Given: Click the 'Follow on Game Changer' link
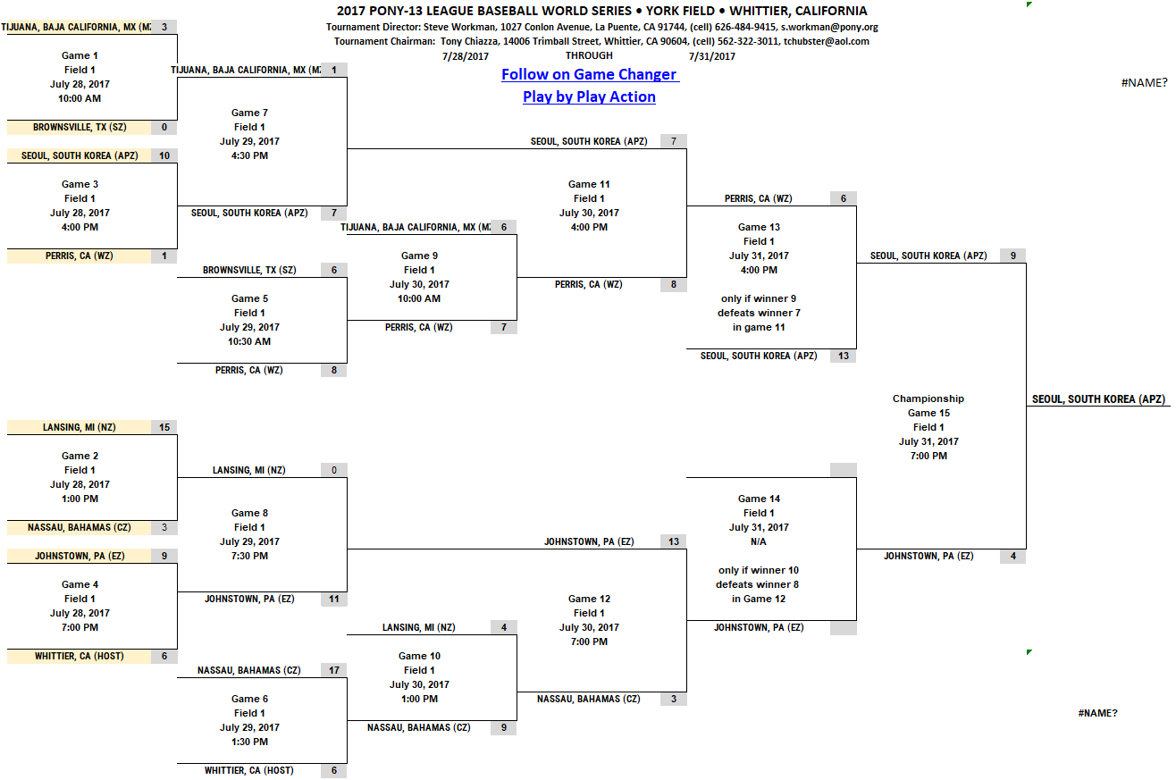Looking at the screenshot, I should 589,75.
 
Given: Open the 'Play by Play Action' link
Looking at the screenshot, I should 589,96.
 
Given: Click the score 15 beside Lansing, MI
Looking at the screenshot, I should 164,427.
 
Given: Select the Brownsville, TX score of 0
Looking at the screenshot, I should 164,127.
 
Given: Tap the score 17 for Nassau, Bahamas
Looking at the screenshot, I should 334,670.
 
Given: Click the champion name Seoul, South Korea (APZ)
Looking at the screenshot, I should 1098,399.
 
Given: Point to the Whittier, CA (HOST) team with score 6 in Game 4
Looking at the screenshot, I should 80,656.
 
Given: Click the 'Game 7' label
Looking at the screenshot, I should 249,113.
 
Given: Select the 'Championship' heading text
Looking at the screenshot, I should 928,398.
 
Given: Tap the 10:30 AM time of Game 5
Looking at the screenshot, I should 249,341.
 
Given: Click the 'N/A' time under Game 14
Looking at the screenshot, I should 759,541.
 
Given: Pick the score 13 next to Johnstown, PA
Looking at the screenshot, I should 674,541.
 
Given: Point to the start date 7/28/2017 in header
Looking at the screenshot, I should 466,55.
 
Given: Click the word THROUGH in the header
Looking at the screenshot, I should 589,55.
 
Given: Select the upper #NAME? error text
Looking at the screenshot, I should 1144,83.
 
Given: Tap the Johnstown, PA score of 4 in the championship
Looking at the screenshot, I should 1013,556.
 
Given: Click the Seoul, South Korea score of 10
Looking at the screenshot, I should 164,155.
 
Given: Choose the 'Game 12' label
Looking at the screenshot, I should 589,599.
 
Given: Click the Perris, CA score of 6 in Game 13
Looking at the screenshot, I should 844,198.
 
